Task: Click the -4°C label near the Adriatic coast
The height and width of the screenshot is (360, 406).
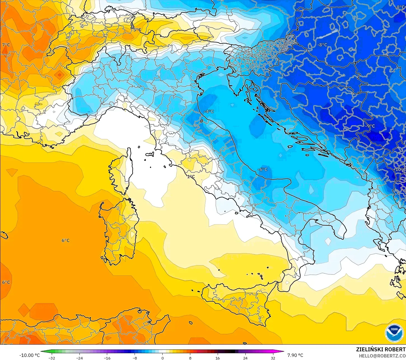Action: (209, 111)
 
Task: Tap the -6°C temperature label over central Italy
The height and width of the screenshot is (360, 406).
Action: (262, 169)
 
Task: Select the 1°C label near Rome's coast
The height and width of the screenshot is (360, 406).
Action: (191, 177)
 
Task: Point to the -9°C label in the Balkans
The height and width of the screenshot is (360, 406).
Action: (370, 126)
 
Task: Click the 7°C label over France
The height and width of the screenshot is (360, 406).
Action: (6, 45)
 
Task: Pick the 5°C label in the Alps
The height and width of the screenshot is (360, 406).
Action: (137, 30)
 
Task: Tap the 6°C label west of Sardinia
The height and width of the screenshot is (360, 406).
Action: (65, 240)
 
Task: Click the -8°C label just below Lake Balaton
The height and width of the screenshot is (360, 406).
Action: (322, 45)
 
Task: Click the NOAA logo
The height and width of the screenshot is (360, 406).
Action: (394, 333)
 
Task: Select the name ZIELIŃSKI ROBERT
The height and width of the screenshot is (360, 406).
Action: (381, 349)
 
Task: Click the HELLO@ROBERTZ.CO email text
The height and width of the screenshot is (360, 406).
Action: (382, 356)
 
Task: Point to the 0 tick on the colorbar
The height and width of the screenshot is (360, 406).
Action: (162, 358)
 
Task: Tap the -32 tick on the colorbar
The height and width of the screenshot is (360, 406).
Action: (51, 358)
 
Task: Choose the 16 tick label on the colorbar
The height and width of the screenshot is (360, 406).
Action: (217, 358)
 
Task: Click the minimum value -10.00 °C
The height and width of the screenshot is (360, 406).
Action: (29, 355)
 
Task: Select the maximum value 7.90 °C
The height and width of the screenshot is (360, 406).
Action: (295, 355)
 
